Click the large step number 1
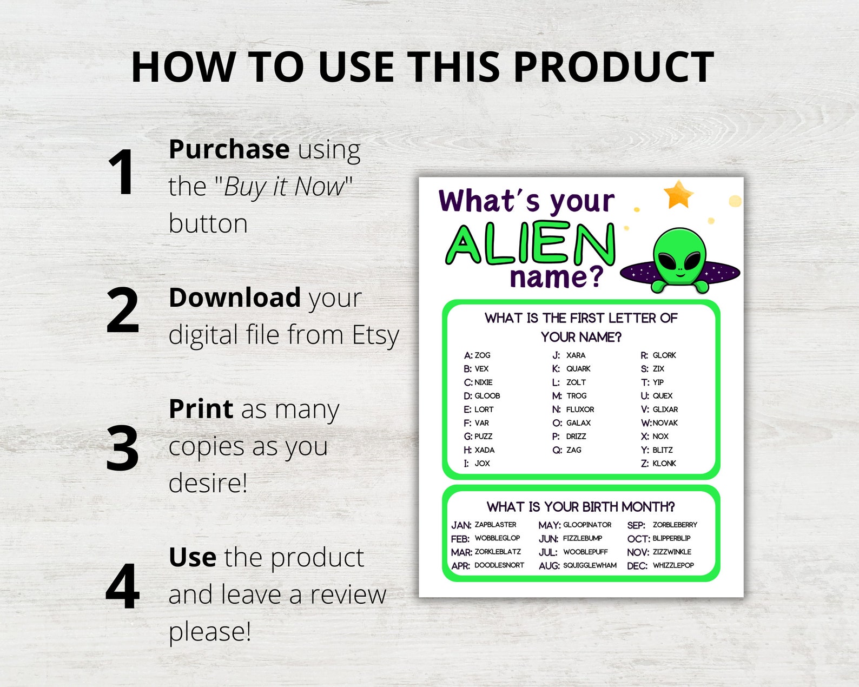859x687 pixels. coord(121,172)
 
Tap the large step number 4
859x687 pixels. coord(122,586)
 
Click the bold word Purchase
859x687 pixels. coord(229,149)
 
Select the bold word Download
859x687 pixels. coord(235,298)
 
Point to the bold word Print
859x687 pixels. coord(201,409)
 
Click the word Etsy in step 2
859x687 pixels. coord(375,335)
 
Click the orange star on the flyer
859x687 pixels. coord(678,195)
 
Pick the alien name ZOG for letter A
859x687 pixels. coord(483,355)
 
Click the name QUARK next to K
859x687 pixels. coord(578,369)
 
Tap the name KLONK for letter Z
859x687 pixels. coord(664,464)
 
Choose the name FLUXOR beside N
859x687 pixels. coord(580,409)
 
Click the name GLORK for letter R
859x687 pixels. coord(664,355)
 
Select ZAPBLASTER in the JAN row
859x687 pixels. coord(495,525)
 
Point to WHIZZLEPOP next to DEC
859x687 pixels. coord(673,565)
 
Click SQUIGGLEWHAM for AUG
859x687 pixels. coord(590,565)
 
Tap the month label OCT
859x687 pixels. coord(638,539)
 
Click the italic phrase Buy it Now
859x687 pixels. coord(284,187)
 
